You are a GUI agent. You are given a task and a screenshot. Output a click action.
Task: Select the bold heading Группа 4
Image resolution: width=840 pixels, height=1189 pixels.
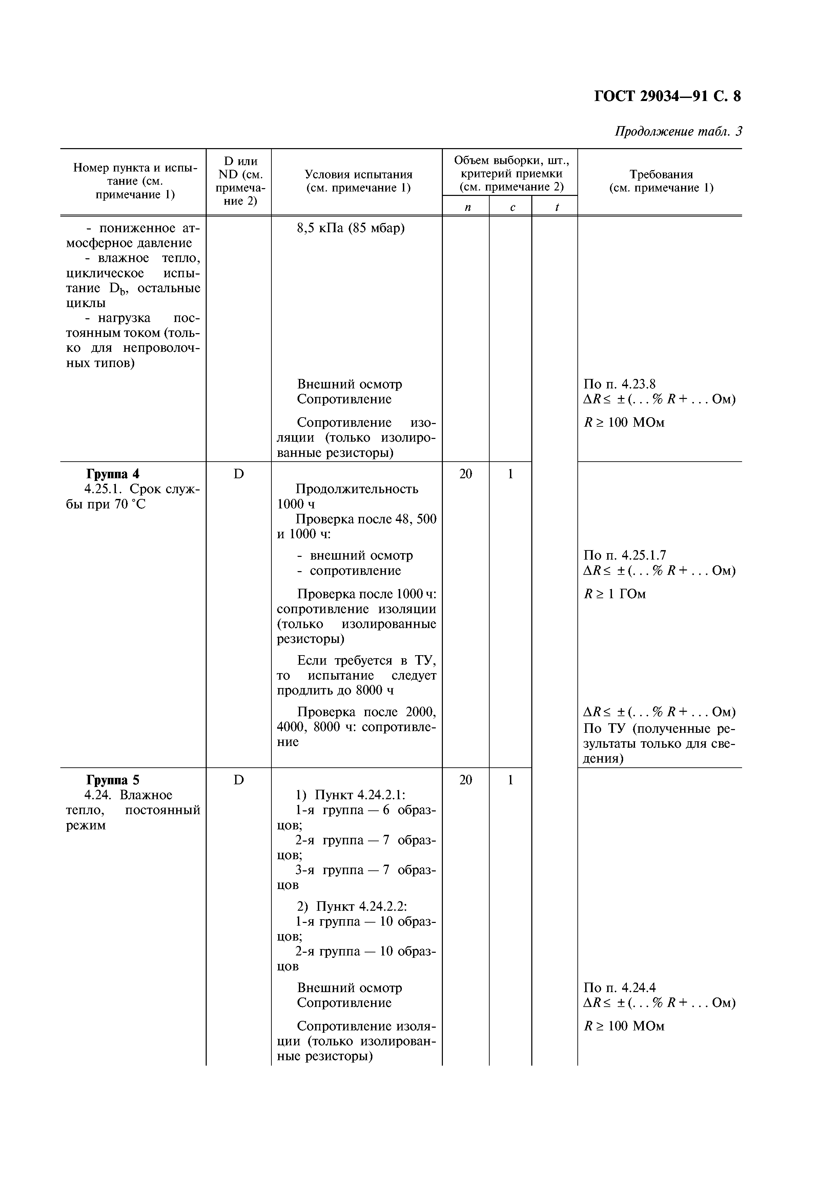[113, 474]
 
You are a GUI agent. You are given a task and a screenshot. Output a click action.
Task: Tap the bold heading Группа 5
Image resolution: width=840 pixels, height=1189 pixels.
[113, 780]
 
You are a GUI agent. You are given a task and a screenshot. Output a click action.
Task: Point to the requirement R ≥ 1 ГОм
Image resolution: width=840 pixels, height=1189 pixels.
[615, 594]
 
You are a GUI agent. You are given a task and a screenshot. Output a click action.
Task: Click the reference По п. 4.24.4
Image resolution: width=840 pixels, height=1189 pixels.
[619, 988]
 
